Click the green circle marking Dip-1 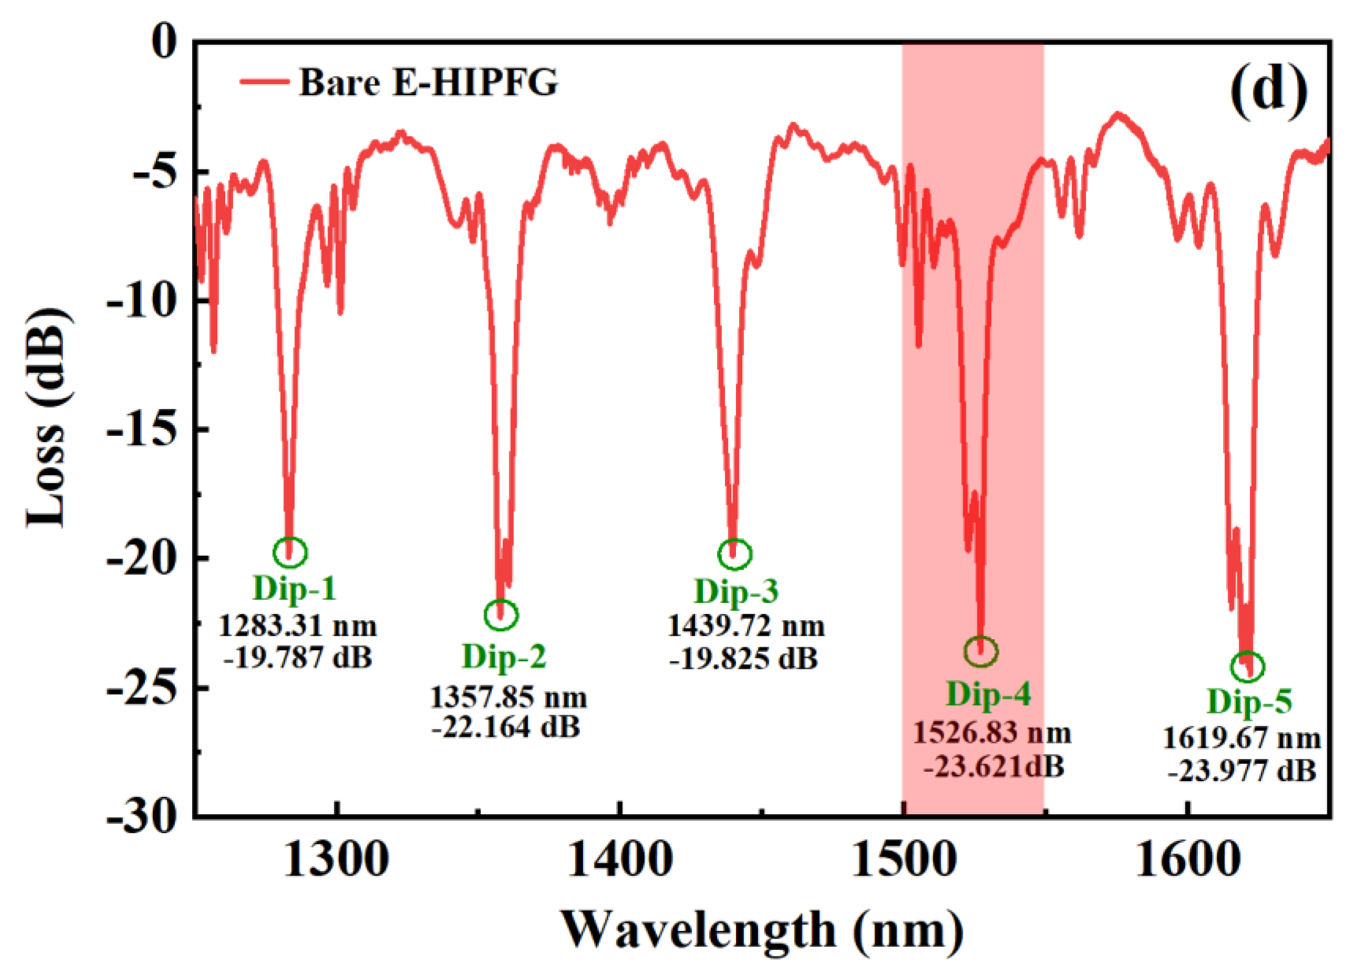coord(290,552)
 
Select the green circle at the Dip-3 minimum coord(734,554)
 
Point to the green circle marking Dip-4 coord(981,652)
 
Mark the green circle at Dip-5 coord(1247,666)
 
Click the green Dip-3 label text coord(736,591)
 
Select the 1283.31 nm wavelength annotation coord(297,626)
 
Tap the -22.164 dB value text coord(506,727)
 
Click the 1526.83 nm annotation coord(992,733)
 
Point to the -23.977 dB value coord(1241,772)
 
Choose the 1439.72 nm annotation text coord(745,626)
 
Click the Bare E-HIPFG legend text coord(428,82)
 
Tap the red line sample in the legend coord(265,81)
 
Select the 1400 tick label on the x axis coord(620,860)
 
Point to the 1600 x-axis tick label coord(1186,860)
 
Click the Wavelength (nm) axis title coord(763,931)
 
